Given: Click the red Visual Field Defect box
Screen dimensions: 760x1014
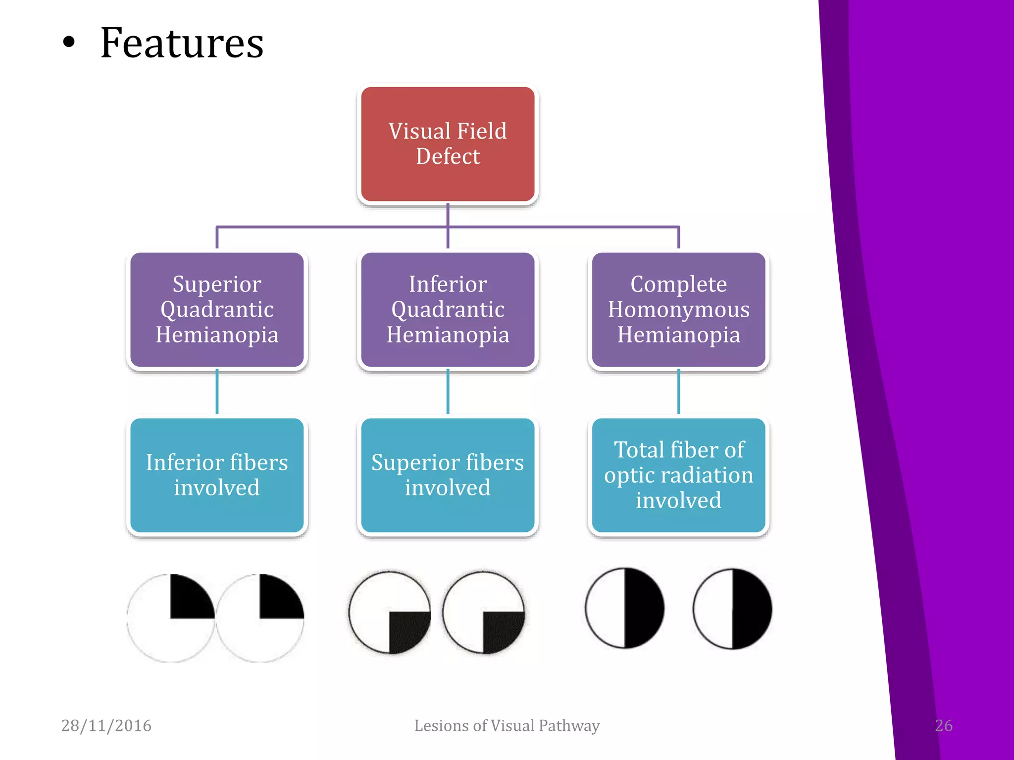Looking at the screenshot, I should pos(448,144).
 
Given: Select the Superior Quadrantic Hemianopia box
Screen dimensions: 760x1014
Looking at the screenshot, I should pos(217,309).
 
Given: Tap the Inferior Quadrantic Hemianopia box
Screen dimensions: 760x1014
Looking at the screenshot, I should pos(448,309).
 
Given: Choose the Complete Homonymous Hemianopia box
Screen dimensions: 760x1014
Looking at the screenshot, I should pos(678,309).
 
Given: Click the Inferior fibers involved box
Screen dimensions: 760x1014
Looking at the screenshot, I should pos(217,475).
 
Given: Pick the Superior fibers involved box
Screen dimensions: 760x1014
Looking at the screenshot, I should pos(448,475).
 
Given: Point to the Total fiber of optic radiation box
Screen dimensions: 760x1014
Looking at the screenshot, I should pos(678,475).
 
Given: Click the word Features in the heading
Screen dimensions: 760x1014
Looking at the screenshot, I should pos(182,44).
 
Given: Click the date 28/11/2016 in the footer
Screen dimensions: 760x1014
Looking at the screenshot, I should pos(106,725).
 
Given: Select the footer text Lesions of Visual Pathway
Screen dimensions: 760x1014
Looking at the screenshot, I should pos(507,725).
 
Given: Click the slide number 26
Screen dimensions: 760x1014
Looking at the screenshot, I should pos(943,725).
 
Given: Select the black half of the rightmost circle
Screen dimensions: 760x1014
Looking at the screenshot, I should pos(750,609).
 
